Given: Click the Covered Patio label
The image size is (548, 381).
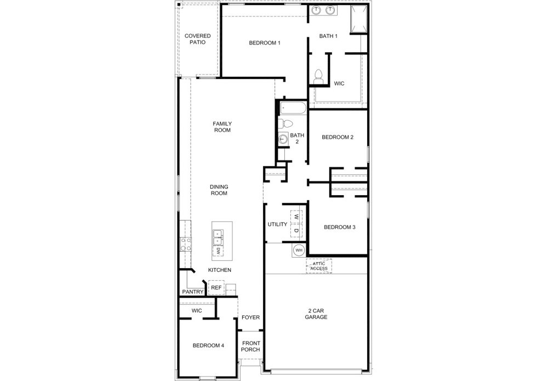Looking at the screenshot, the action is (x=197, y=39).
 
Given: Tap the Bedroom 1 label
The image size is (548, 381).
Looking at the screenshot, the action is (x=265, y=43).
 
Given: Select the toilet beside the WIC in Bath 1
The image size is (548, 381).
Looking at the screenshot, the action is (x=318, y=77).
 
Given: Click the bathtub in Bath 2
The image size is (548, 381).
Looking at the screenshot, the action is (x=293, y=108).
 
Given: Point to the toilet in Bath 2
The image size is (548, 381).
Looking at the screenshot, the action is (x=286, y=124).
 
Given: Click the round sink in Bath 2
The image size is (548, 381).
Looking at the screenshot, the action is (x=283, y=139).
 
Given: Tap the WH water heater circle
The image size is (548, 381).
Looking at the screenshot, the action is (x=299, y=251).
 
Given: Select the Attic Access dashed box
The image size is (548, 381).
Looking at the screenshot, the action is (x=319, y=266).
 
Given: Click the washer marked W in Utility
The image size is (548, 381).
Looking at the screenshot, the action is (x=296, y=217).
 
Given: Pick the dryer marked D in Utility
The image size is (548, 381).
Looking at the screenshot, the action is (x=296, y=231).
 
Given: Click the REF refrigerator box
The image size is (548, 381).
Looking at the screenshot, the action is (x=216, y=288).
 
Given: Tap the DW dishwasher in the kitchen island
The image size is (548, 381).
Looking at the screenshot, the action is (x=218, y=251).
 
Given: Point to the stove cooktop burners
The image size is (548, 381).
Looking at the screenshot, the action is (x=186, y=244).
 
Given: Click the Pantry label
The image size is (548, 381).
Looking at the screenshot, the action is (x=193, y=292).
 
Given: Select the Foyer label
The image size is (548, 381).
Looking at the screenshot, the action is (x=251, y=317).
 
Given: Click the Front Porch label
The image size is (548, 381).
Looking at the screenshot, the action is (x=251, y=346).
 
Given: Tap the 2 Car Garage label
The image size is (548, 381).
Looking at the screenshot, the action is (x=316, y=314).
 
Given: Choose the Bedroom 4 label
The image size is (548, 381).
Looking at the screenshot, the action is (x=208, y=346).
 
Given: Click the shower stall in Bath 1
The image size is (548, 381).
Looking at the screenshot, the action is (x=359, y=19).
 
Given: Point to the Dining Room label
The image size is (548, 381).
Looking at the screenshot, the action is (x=219, y=190).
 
